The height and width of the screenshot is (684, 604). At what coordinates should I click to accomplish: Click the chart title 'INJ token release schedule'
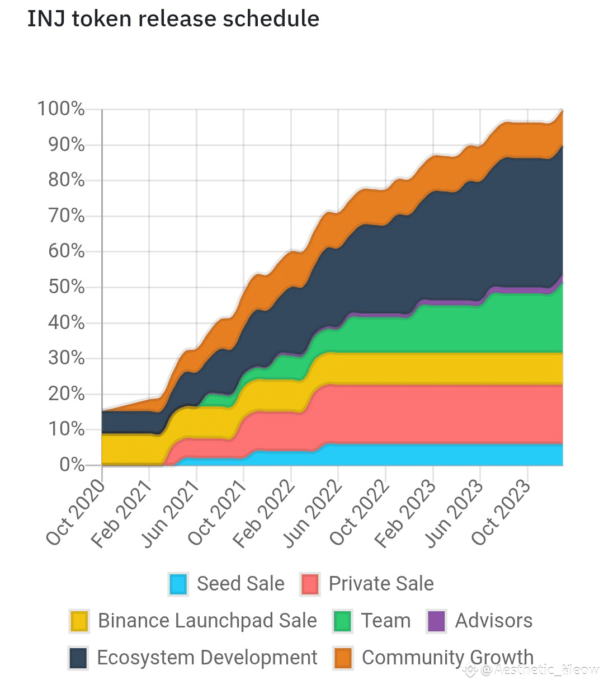[173, 19]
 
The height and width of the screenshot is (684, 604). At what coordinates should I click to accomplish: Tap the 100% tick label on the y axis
[61, 109]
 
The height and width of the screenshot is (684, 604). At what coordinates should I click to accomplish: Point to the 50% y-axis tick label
[66, 287]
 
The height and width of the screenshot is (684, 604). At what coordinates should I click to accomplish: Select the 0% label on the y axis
[72, 465]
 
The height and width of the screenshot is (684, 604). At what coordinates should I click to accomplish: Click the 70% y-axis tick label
[66, 215]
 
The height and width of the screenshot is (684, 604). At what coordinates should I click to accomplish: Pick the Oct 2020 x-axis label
[75, 512]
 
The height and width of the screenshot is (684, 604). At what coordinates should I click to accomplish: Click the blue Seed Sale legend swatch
[178, 584]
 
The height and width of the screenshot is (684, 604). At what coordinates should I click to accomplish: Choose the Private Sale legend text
[381, 584]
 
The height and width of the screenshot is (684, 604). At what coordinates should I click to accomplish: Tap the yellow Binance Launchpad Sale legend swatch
[79, 621]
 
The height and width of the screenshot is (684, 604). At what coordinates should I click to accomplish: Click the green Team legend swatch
[342, 621]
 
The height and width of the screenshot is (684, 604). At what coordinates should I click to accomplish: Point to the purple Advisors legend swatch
[436, 621]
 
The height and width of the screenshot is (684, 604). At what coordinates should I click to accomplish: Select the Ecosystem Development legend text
[207, 658]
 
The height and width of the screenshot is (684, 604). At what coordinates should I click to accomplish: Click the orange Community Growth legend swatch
[343, 658]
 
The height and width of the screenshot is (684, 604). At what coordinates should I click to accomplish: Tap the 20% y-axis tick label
[66, 393]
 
